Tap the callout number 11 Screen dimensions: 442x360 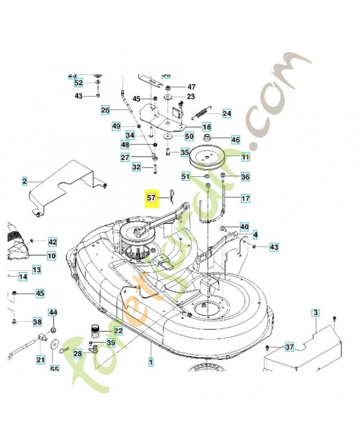(245, 157)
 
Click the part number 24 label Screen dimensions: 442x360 (227, 114)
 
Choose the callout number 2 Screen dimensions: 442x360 (25, 181)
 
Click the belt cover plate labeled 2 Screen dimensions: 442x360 (66, 185)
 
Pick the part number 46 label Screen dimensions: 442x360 (236, 140)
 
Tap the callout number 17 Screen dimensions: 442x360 (245, 197)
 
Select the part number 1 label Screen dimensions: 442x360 (150, 362)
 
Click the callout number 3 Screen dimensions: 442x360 (315, 313)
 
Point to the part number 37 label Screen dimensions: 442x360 (289, 347)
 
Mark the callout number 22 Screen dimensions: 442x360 (118, 331)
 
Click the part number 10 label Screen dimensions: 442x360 (51, 256)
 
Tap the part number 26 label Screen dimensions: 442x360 (105, 110)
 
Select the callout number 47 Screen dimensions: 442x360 (191, 87)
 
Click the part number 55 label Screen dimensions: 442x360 (54, 370)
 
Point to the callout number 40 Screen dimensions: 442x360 (244, 227)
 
